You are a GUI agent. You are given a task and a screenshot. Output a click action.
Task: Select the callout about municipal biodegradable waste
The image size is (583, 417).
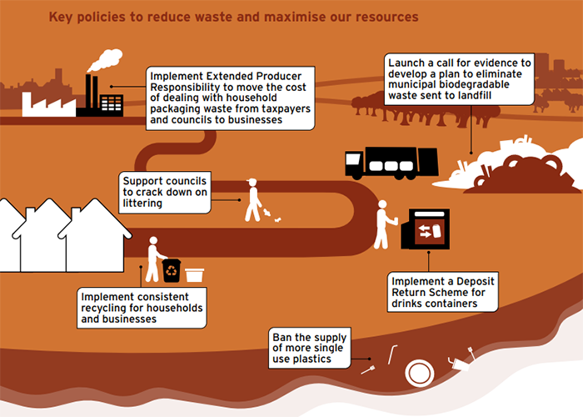[459, 79]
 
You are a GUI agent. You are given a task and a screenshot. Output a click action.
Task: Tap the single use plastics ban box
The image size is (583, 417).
[309, 348]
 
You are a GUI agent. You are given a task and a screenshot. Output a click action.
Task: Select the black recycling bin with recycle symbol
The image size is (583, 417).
[172, 269]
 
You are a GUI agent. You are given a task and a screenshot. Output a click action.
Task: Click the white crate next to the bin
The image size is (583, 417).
[195, 274]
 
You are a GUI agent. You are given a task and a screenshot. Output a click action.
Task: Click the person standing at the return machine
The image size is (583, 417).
[384, 224]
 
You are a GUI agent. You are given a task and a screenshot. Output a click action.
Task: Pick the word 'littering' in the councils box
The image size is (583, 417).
[142, 205]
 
